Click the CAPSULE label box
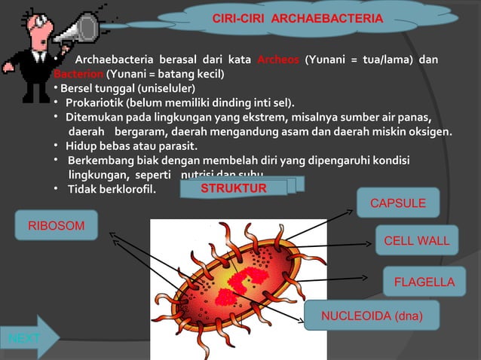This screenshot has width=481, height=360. pyautogui.click(x=398, y=203)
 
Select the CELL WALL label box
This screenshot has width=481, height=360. pyautogui.click(x=416, y=241)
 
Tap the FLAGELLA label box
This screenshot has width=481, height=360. pyautogui.click(x=424, y=282)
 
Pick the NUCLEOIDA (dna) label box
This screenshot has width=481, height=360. pyautogui.click(x=372, y=315)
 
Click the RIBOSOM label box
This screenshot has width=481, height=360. pyautogui.click(x=57, y=225)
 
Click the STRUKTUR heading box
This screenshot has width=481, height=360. pyautogui.click(x=234, y=188)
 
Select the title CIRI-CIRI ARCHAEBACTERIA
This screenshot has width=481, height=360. pyautogui.click(x=298, y=17)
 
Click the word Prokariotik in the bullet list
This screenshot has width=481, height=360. pyautogui.click(x=94, y=102)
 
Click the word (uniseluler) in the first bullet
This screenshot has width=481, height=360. pyautogui.click(x=165, y=89)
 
